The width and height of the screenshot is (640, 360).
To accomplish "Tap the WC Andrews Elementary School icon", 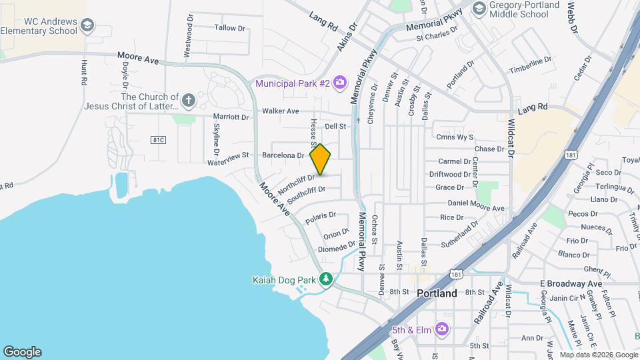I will click(x=87, y=26).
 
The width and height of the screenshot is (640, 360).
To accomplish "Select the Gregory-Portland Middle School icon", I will click(x=478, y=8).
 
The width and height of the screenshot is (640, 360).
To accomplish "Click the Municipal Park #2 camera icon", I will click(x=340, y=83).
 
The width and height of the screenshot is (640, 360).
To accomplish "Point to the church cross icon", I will click(x=188, y=101).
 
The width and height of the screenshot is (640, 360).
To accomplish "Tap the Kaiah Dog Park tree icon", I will click(x=325, y=279).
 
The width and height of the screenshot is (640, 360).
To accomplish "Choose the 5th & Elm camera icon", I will click(x=441, y=328).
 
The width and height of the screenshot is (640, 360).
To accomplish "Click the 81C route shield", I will click(x=158, y=139).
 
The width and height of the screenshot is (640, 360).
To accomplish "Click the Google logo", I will click(x=22, y=351).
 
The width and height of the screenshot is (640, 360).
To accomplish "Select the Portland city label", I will click(x=437, y=293).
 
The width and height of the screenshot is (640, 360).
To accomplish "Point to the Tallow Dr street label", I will click(x=230, y=28).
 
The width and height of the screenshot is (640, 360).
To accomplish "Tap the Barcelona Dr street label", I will click(x=283, y=155).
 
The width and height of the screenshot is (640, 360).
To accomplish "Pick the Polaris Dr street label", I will click(x=321, y=217).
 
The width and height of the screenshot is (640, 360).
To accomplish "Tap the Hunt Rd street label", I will click(x=84, y=72).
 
